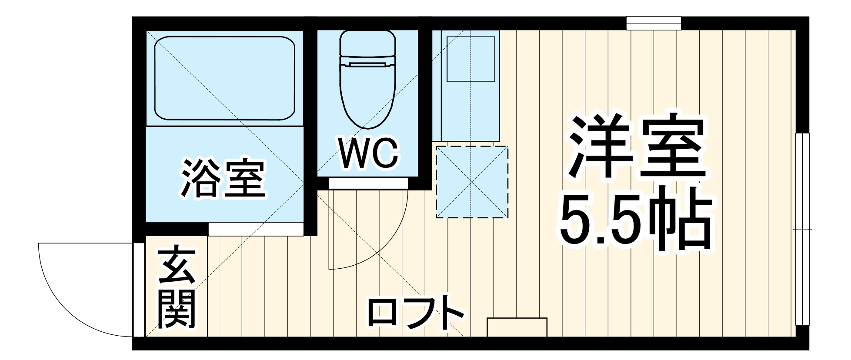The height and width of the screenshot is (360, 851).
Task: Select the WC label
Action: pyautogui.click(x=369, y=154)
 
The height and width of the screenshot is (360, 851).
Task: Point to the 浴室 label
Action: pyautogui.click(x=223, y=179)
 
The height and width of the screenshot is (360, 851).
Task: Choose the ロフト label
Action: pyautogui.click(x=415, y=312)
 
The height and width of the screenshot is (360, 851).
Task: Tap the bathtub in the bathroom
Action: pyautogui.click(x=224, y=78)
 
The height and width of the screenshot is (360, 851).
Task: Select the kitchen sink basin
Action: pyautogui.click(x=471, y=59)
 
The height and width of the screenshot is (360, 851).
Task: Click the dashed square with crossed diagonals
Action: pyautogui.click(x=472, y=182)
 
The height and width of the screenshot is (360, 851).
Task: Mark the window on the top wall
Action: pyautogui.click(x=653, y=23)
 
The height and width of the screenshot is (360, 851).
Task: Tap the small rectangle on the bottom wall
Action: pyautogui.click(x=517, y=327)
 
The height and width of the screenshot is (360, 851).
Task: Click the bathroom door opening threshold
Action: pyautogui.click(x=256, y=229)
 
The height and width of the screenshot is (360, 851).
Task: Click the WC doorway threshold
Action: pyautogui.click(x=368, y=183)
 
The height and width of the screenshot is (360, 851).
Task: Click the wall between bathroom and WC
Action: pyautogui.click(x=310, y=126)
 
